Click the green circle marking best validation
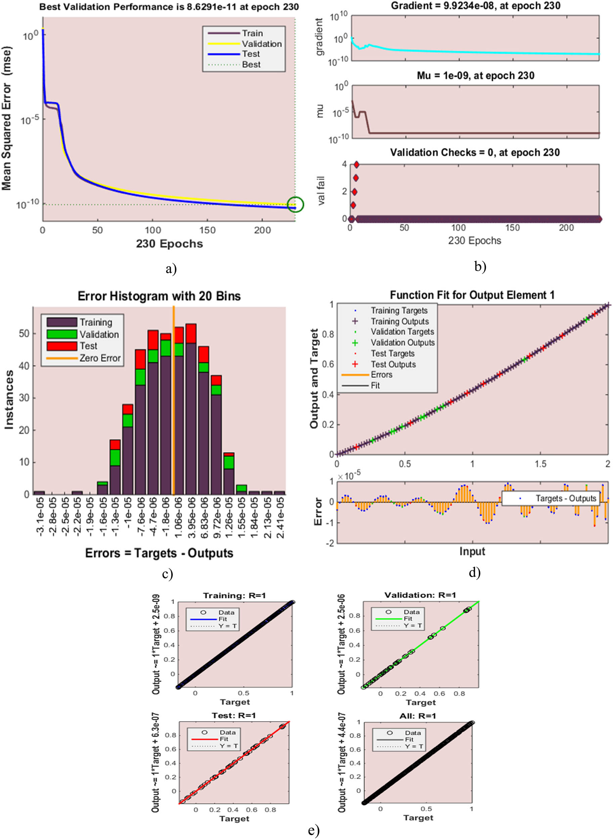click(x=295, y=205)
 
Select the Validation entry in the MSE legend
click(x=261, y=44)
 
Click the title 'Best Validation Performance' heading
click(x=169, y=7)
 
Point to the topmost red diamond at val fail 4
click(x=356, y=164)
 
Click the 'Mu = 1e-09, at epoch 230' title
click(x=475, y=76)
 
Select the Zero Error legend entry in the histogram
click(x=99, y=358)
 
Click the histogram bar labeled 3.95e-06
click(x=191, y=408)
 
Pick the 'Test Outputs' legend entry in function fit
click(x=393, y=364)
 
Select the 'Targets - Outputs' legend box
click(x=550, y=498)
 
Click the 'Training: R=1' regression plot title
click(x=234, y=596)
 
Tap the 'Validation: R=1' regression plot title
click(x=420, y=595)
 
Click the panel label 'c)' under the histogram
click(x=167, y=574)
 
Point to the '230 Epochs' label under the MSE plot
click(x=169, y=244)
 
